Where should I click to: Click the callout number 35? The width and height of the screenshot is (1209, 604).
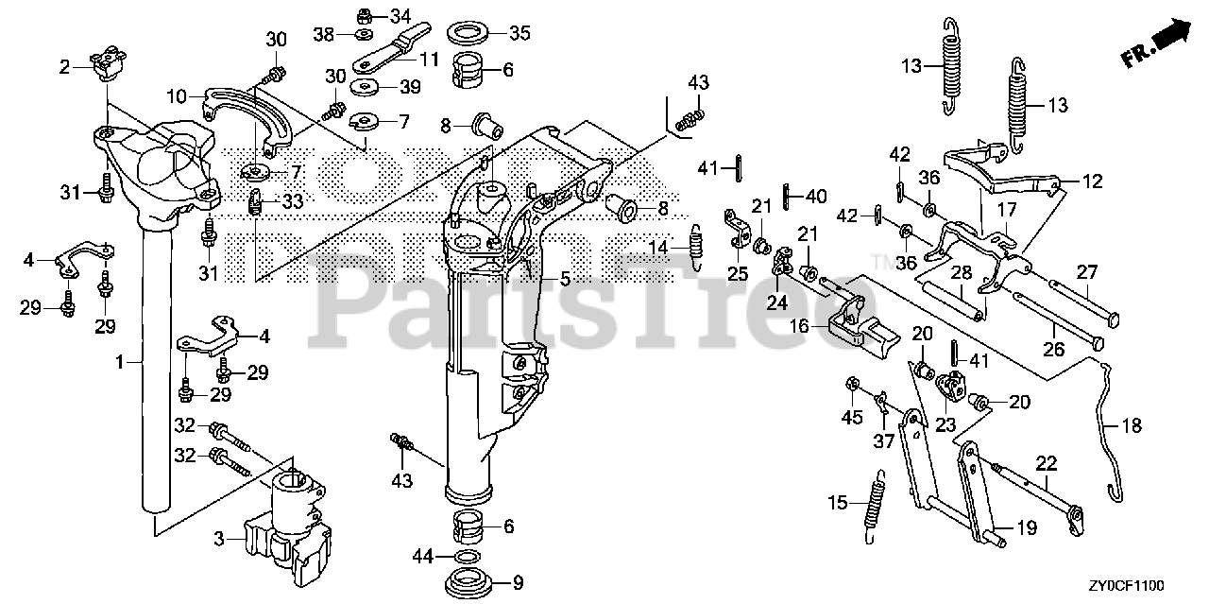pos(519,33)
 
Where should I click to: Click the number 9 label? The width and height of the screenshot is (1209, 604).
pos(518,582)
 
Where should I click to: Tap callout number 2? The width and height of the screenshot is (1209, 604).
pos(64,66)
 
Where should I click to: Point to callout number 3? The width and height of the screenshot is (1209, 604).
pos(219,539)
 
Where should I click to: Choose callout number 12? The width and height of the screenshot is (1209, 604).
pos(1093,181)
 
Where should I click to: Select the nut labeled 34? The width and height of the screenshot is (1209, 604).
pos(365,15)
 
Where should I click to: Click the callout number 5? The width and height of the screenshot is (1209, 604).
pos(565,279)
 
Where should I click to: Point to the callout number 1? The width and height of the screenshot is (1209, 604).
pos(120,360)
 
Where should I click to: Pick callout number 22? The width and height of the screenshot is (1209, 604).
pos(1046,462)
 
